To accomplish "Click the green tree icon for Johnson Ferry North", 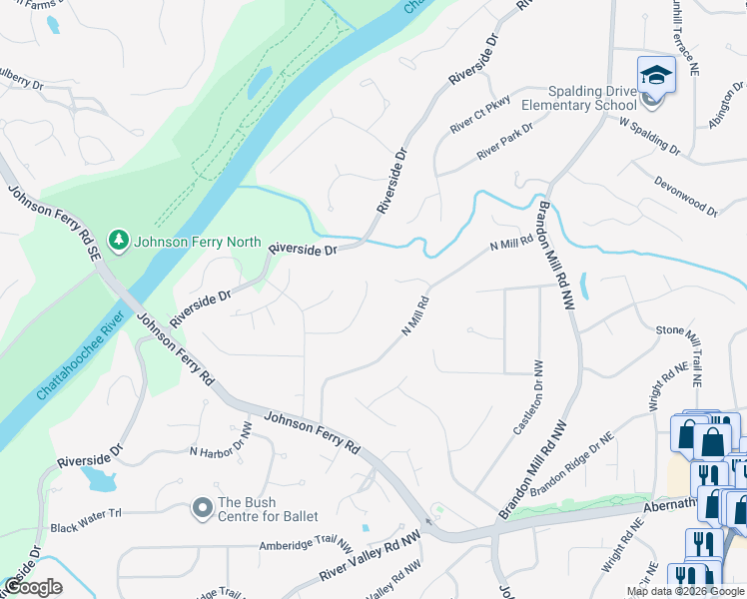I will [x=120, y=242].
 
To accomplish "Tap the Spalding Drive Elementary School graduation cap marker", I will [x=656, y=75].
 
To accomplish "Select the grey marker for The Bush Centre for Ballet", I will [x=203, y=509].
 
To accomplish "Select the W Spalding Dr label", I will [x=649, y=136].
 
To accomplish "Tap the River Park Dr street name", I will [x=504, y=141].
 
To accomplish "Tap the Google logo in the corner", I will [x=33, y=587].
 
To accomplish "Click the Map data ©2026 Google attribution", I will [x=685, y=591].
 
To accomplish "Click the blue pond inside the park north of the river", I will [x=259, y=83].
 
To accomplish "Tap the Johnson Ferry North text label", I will [x=198, y=242].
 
